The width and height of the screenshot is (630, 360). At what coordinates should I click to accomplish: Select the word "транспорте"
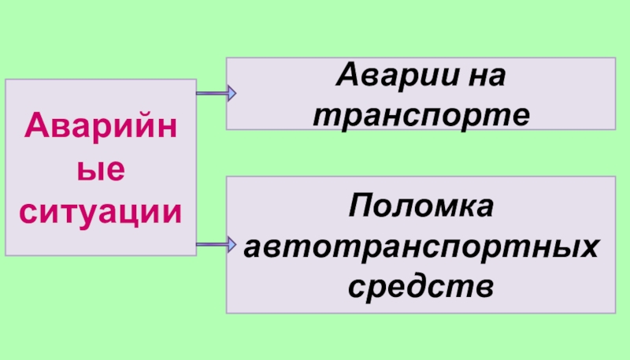click(x=421, y=116)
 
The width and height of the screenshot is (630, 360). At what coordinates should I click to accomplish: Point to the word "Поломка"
click(x=421, y=208)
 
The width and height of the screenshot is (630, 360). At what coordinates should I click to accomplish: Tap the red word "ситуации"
click(x=101, y=210)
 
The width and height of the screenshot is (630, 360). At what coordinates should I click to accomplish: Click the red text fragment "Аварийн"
click(x=101, y=126)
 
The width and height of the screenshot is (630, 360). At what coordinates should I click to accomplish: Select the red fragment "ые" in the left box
click(x=101, y=169)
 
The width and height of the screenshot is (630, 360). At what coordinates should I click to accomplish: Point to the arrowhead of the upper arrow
click(x=231, y=95)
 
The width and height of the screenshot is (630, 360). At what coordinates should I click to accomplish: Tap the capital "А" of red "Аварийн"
click(x=32, y=126)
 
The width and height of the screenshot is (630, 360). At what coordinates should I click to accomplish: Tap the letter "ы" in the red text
click(x=91, y=169)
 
